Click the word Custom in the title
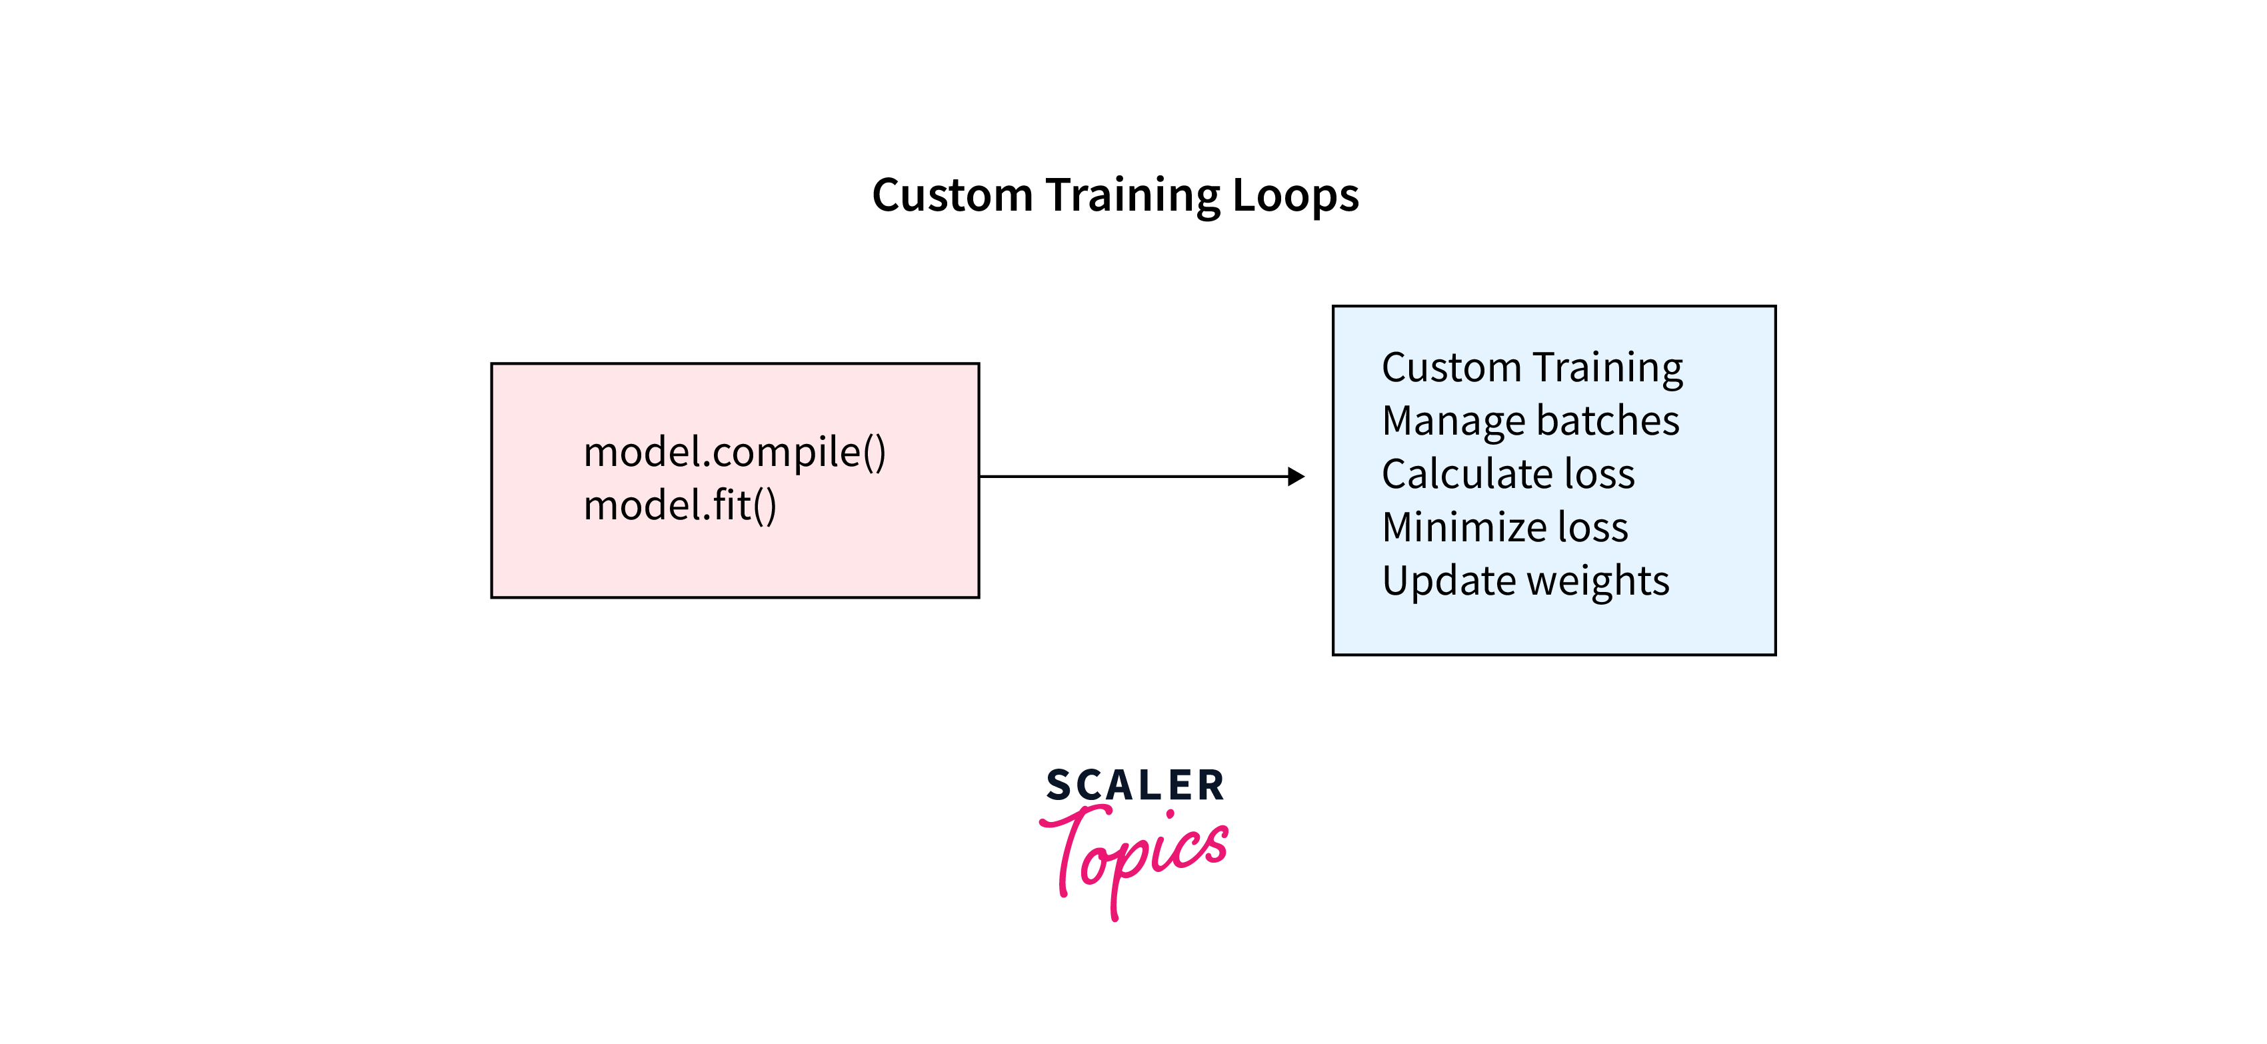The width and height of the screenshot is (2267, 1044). coord(953,195)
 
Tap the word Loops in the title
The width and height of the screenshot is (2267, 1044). coord(1295,196)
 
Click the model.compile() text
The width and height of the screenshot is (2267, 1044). coord(734,453)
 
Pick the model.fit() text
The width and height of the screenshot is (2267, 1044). coord(679,505)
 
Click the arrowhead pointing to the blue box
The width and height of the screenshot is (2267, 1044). coord(1295,476)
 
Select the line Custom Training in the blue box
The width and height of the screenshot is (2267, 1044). coord(1531,368)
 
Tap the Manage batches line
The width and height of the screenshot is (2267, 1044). coord(1530,421)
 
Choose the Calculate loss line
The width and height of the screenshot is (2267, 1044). coord(1508,473)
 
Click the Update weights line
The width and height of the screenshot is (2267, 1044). coord(1525,581)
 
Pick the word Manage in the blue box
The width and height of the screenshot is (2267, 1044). coord(1442,421)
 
